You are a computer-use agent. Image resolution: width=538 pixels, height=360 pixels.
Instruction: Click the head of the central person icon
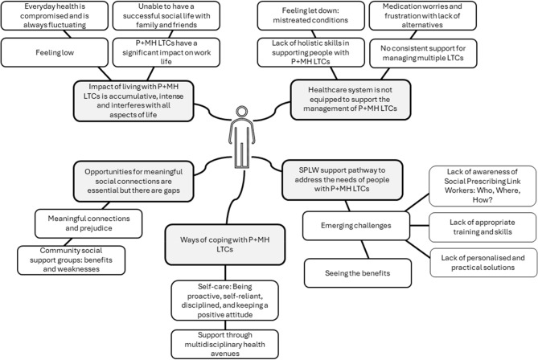[242, 112]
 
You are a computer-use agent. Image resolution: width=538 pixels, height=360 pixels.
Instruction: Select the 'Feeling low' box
[55, 52]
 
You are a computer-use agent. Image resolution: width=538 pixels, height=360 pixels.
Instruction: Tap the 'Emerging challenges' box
[356, 226]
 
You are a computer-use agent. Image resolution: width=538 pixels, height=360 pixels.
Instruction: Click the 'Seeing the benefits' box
[358, 273]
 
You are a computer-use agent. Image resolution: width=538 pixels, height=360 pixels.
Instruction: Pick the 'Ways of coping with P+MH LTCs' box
[225, 244]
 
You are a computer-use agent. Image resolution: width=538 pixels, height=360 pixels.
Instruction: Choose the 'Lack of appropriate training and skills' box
[483, 227]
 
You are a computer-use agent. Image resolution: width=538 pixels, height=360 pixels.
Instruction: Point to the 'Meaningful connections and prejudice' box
[88, 223]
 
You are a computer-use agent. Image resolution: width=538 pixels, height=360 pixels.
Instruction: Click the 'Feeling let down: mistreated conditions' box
[310, 15]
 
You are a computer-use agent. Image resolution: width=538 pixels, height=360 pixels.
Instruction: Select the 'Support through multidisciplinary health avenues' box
[224, 344]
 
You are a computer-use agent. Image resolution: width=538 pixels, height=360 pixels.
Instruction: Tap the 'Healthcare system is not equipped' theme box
[351, 100]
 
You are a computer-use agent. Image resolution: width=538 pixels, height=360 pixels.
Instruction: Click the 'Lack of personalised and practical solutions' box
[483, 263]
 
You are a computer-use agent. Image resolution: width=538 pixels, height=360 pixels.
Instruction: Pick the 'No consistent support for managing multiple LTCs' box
[423, 53]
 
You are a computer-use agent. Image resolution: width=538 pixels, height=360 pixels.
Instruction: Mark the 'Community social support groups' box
[71, 260]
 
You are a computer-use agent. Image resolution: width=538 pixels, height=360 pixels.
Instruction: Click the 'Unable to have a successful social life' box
[166, 15]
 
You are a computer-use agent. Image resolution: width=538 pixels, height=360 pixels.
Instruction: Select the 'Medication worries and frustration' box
[422, 15]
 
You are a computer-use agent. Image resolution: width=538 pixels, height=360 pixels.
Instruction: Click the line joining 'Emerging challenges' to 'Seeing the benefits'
[365, 249]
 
